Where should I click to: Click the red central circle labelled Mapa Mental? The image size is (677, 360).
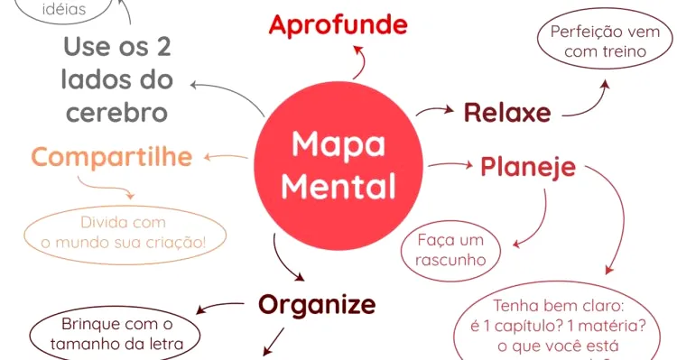[x=338, y=165]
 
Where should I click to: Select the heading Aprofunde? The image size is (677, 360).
[x=338, y=24]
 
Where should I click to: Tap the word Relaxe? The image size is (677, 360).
[x=507, y=113]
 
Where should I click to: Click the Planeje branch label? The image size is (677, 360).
[x=528, y=167]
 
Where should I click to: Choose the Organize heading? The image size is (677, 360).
[x=317, y=304]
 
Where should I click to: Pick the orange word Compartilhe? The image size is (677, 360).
[x=112, y=157]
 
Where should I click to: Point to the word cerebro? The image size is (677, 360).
[x=116, y=113]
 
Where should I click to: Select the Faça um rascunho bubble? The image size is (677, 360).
[x=451, y=250]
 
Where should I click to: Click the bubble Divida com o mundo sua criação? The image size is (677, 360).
[x=124, y=232]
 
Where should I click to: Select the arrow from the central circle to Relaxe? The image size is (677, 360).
[x=435, y=110]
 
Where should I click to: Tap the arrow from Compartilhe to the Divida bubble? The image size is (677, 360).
[x=105, y=187]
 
